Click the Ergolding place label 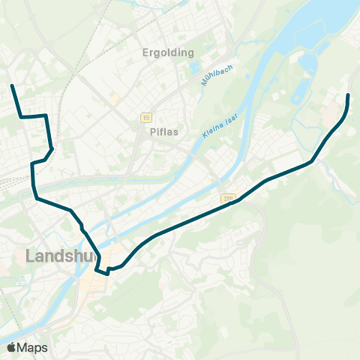tap(168, 52)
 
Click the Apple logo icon tap(11, 347)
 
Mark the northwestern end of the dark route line tap(12, 87)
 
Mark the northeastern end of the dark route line tap(349, 95)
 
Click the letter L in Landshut tap(30, 256)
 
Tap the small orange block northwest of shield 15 tap(114, 98)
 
